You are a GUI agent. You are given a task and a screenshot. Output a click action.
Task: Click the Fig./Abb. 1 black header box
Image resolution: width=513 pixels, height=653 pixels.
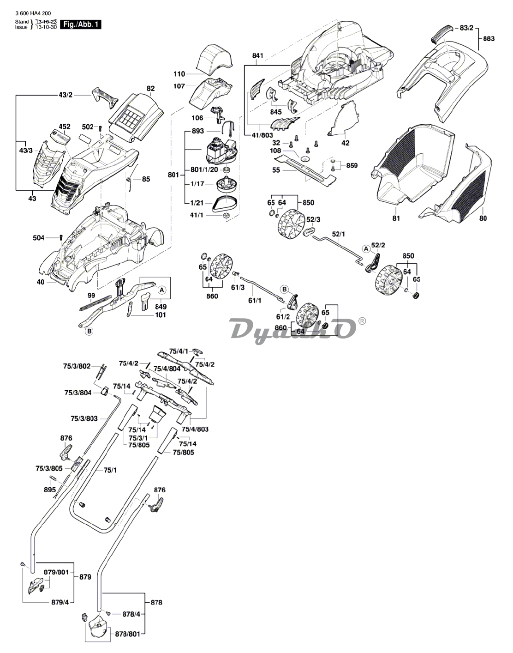tap(81, 24)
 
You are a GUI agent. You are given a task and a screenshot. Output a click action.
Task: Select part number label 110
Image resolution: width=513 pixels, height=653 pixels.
tap(179, 74)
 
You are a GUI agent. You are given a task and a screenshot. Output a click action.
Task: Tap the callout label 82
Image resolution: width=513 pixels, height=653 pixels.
tap(151, 88)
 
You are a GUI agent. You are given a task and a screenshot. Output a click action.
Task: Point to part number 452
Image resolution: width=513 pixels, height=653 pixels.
tap(65, 126)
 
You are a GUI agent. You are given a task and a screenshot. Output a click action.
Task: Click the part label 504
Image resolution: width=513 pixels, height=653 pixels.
tap(39, 238)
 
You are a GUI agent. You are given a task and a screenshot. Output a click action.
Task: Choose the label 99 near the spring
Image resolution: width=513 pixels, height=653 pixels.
tap(91, 295)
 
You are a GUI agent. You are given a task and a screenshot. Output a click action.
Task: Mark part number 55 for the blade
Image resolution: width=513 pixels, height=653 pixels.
tap(276, 170)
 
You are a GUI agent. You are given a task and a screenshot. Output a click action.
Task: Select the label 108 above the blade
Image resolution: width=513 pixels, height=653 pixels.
tap(275, 151)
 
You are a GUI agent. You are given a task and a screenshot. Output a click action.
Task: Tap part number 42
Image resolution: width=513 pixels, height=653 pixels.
tap(345, 143)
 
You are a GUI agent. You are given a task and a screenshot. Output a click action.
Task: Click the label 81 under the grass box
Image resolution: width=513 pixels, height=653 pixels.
tap(396, 218)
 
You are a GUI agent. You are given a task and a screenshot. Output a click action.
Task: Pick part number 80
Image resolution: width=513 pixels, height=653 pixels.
tap(483, 218)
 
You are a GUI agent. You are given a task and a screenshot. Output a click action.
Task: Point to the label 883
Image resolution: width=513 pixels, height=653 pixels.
tap(489, 39)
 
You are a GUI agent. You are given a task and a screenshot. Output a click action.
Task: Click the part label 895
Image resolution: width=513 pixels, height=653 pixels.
tap(50, 490)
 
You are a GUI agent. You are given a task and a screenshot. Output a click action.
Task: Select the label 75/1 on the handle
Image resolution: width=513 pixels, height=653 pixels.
tap(110, 470)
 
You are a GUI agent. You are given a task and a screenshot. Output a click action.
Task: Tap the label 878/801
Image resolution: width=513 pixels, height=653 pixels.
tap(127, 634)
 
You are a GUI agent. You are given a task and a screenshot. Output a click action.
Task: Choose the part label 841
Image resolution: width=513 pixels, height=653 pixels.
tap(257, 56)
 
